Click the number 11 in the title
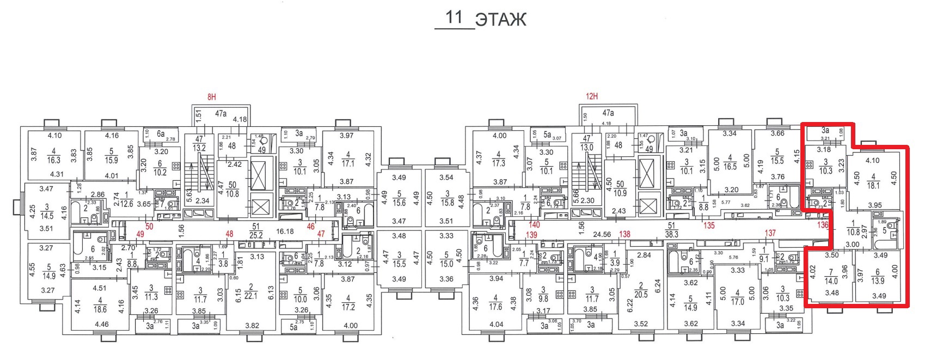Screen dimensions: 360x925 coord(454,17)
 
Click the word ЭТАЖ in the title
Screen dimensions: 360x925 coord(500,20)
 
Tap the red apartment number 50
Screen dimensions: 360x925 coord(149,226)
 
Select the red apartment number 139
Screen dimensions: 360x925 coord(531,235)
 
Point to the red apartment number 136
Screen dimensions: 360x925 coord(822,224)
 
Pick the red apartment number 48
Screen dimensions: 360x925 coord(229,234)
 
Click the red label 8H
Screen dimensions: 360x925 coord(211,97)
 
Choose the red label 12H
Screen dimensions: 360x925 coord(592,96)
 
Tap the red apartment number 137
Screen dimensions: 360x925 coord(770,233)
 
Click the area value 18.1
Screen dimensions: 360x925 coord(873,185)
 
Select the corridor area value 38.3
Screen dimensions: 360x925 coord(671,234)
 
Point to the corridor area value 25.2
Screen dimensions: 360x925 coord(255,235)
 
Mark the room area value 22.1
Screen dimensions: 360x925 coord(251,295)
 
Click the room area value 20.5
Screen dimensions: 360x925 coord(641,294)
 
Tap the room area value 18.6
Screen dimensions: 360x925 coord(100,309)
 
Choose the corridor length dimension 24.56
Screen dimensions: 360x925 coord(602,234)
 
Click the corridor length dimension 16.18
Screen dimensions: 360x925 coord(285,231)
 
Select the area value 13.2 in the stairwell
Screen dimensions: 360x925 coord(200,148)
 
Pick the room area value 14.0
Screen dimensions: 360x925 coord(831,281)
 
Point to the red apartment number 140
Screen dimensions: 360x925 coord(534,224)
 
